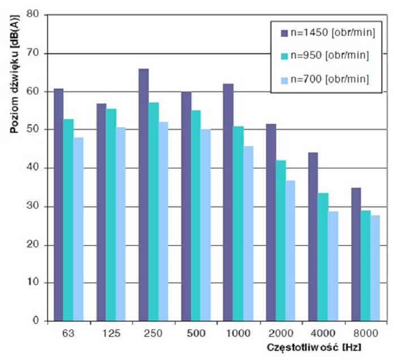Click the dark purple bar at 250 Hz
tap(144, 195)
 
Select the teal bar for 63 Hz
tap(68, 220)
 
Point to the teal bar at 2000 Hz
tap(280, 240)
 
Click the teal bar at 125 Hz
tap(111, 215)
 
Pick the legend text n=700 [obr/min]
tap(328, 78)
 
